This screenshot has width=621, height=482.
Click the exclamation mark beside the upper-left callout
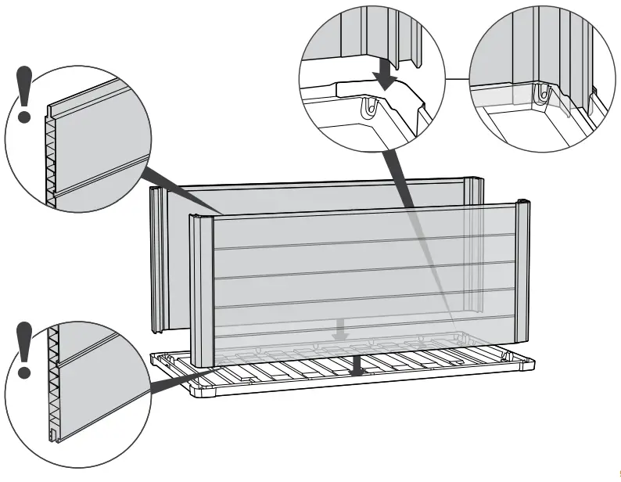[x=25, y=95]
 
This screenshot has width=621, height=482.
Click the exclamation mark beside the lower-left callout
[x=25, y=349]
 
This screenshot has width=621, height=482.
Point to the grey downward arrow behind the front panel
[x=339, y=329]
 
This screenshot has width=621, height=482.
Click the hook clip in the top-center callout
[x=368, y=107]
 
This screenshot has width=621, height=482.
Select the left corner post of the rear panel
[x=159, y=258]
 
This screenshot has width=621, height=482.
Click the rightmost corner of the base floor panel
[x=533, y=364]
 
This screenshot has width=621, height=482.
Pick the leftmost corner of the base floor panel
[x=151, y=357]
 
